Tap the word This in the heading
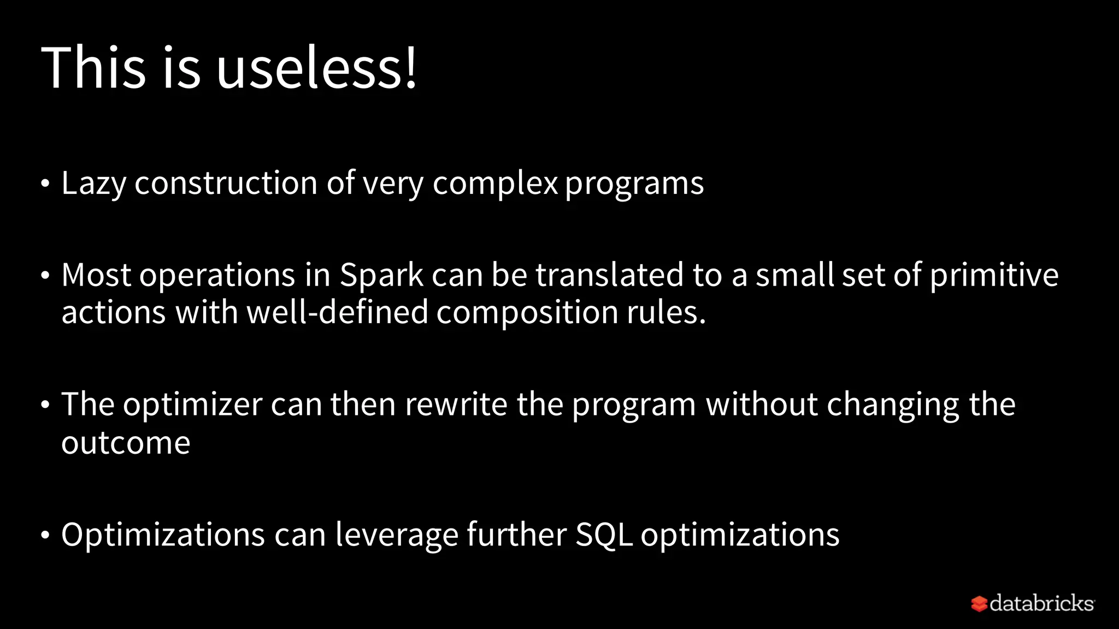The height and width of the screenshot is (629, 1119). [x=93, y=68]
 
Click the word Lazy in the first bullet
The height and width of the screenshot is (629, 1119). [x=93, y=183]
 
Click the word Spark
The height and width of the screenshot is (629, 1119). [x=381, y=275]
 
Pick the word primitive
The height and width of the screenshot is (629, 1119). [x=994, y=275]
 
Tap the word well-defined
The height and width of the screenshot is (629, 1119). [x=337, y=313]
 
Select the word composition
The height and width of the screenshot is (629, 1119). [x=527, y=313]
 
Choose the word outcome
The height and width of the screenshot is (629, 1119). [x=126, y=442]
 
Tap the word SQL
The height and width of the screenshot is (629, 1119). [x=604, y=534]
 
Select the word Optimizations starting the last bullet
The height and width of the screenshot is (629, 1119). [x=163, y=534]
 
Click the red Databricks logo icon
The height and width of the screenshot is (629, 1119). [x=979, y=604]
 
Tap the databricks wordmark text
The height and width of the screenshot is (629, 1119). [x=1041, y=603]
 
